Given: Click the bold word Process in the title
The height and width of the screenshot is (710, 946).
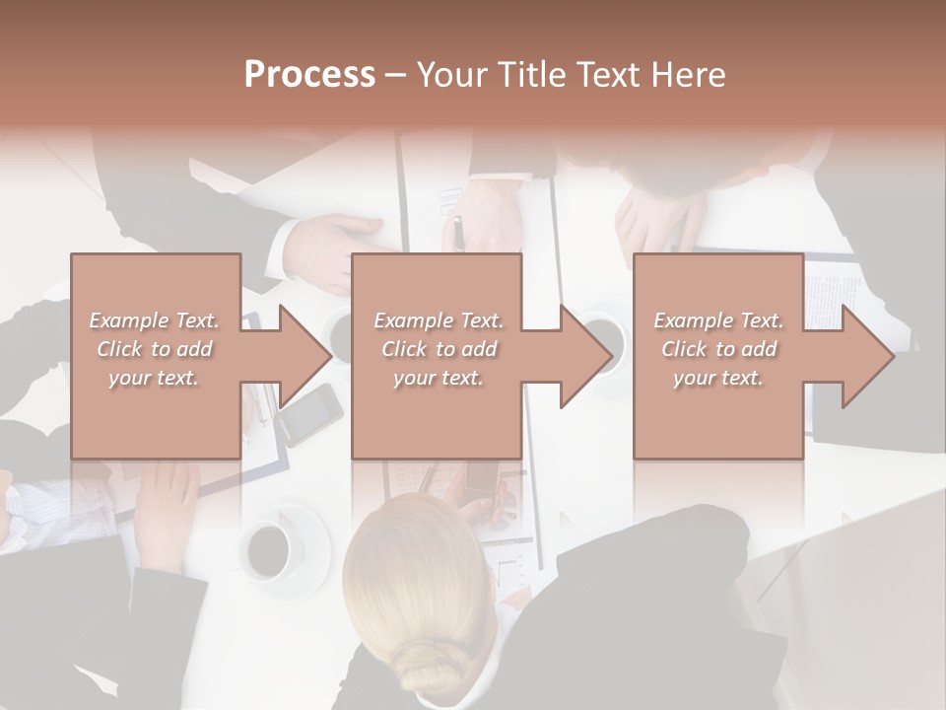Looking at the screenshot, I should [309, 75].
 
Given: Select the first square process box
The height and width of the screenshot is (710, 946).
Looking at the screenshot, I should [156, 414].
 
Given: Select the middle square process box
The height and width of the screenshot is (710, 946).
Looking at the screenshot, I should [437, 414].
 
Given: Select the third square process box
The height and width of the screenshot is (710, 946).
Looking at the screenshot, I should [718, 414].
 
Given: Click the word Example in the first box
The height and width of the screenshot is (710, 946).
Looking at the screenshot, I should [128, 320].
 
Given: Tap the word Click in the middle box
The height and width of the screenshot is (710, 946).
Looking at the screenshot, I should [406, 349].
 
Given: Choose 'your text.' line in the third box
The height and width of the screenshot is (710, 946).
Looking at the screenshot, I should [718, 378].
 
